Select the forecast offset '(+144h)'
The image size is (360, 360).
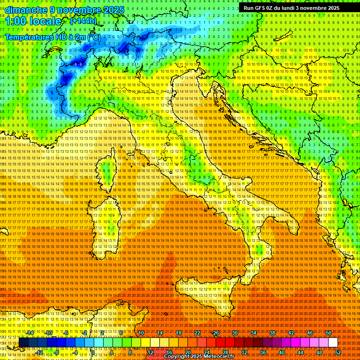pyautogui.click(x=83, y=21)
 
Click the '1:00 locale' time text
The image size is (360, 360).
pyautogui.click(x=33, y=22)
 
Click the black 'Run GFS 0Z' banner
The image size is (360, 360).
pyautogui.click(x=295, y=8)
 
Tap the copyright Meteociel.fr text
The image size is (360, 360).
pyautogui.click(x=202, y=356)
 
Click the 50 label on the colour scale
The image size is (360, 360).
pyautogui.click(x=328, y=333)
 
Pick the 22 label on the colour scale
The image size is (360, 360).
pyautogui.click(x=197, y=333)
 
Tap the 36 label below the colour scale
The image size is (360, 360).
pyautogui.click(x=262, y=352)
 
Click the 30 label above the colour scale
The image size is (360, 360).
pyautogui.click(x=235, y=333)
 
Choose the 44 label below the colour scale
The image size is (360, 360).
pyautogui.click(x=300, y=352)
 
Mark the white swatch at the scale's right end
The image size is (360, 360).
pyautogui.click(x=333, y=342)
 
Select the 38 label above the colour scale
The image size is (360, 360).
pyautogui.click(x=272, y=333)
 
